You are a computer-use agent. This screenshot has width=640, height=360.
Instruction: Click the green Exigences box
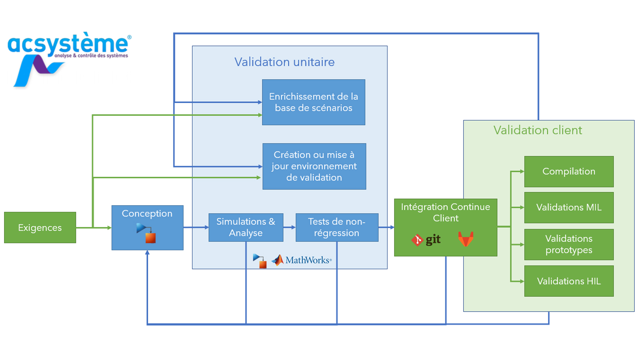pos(40,228)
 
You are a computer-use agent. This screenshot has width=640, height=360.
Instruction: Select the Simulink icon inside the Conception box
pos(146,233)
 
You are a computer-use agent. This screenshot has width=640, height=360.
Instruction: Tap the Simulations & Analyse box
pos(246,227)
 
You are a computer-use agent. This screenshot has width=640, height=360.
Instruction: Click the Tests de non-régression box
pos(337,227)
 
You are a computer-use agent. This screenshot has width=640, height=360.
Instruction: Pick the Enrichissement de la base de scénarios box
pos(313,102)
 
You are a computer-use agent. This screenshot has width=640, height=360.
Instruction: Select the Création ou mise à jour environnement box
pos(314,166)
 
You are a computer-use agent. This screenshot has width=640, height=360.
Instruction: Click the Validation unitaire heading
pos(284,62)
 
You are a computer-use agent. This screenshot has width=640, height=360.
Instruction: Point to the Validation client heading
pos(538,130)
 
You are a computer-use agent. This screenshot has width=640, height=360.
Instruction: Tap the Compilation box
pos(569,171)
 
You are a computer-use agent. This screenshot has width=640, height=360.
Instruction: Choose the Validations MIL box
pos(569,207)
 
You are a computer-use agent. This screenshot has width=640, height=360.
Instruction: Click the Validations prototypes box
pos(569,244)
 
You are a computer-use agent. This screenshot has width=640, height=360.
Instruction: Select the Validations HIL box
pos(569,281)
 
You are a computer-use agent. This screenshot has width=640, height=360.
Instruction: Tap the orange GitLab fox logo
pos(466,239)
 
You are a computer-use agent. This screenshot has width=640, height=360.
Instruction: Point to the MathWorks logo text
pos(307,260)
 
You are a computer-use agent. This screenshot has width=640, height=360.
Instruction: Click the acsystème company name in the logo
pos(68,44)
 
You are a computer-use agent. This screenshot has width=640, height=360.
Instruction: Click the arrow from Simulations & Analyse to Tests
pos(289,227)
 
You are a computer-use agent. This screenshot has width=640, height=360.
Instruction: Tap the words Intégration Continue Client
pos(445,212)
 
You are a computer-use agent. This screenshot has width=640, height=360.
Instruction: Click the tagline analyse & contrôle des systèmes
pos(91,56)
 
